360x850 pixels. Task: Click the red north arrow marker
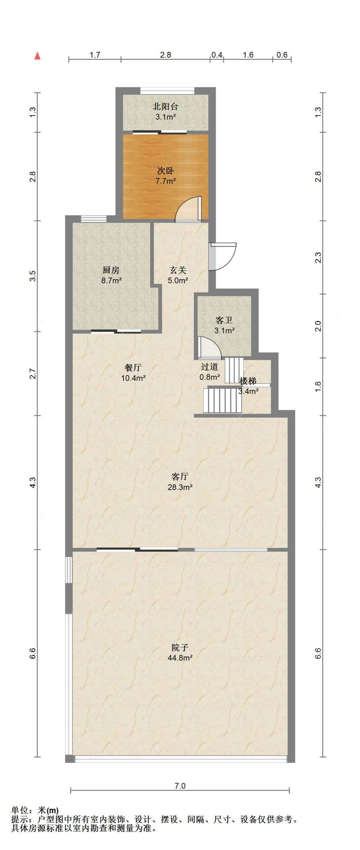click(x=38, y=56)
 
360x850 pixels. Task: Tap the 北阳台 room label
click(x=165, y=107)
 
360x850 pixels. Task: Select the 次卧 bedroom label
click(x=165, y=171)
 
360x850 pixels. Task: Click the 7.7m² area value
click(x=165, y=181)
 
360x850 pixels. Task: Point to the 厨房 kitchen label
click(x=111, y=270)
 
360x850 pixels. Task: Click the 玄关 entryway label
click(x=178, y=270)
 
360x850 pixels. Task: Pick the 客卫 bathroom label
click(x=224, y=320)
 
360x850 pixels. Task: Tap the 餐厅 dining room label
click(x=133, y=368)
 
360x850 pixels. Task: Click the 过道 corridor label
click(x=210, y=367)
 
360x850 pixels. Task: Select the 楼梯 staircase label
click(x=248, y=381)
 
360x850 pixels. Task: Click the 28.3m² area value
click(x=180, y=487)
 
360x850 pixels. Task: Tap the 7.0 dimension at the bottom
click(x=180, y=786)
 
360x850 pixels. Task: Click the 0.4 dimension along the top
click(x=217, y=55)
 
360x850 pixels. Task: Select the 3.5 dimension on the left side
click(x=33, y=276)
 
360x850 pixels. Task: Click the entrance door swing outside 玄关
click(x=223, y=257)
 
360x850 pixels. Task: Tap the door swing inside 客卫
click(x=209, y=348)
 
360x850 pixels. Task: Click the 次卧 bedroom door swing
click(x=188, y=209)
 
